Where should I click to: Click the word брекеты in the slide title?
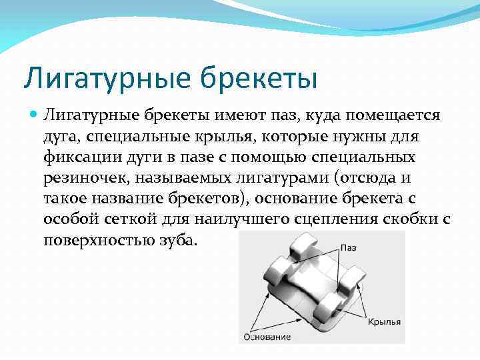(x=258, y=77)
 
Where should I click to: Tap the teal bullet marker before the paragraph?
(x=33, y=114)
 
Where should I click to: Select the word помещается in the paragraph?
(x=399, y=115)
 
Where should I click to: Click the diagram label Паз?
(x=349, y=247)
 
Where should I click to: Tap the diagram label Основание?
(x=267, y=337)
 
